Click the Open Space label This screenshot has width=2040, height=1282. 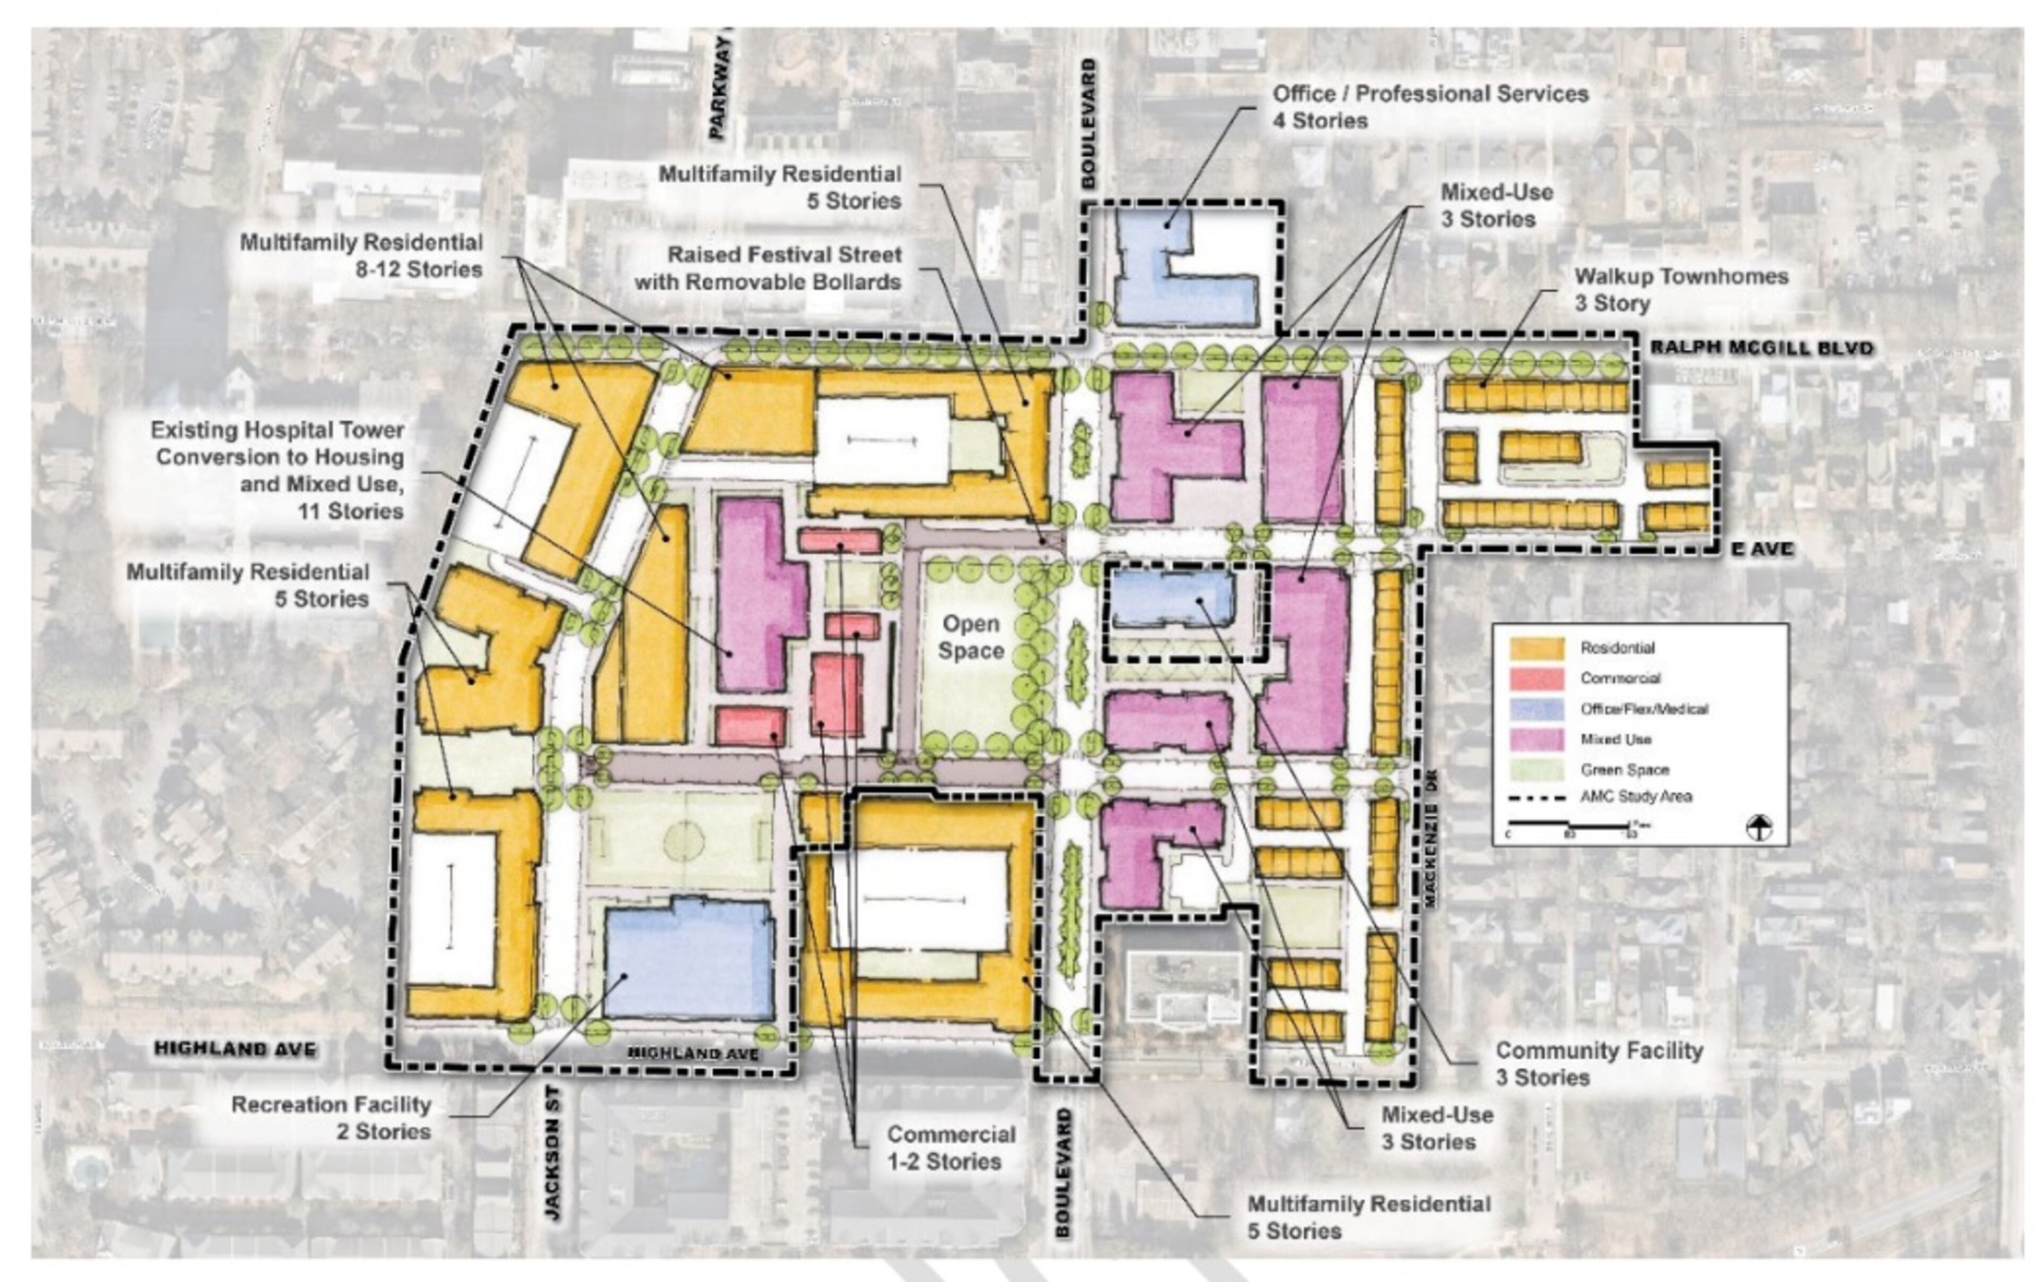pos(971,638)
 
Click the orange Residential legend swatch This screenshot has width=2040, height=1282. pos(1536,648)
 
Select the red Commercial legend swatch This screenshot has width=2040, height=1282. pos(1536,679)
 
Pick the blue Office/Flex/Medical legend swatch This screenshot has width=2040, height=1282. pos(1536,709)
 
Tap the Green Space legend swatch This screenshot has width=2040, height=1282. pos(1536,770)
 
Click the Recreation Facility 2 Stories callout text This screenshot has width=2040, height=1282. pos(331,1118)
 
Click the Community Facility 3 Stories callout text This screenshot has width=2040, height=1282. pos(1598,1064)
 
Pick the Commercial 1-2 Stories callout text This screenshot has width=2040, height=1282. pos(950,1148)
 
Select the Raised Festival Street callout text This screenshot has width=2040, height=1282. pos(768,268)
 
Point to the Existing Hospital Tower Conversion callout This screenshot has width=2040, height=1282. pos(278,470)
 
